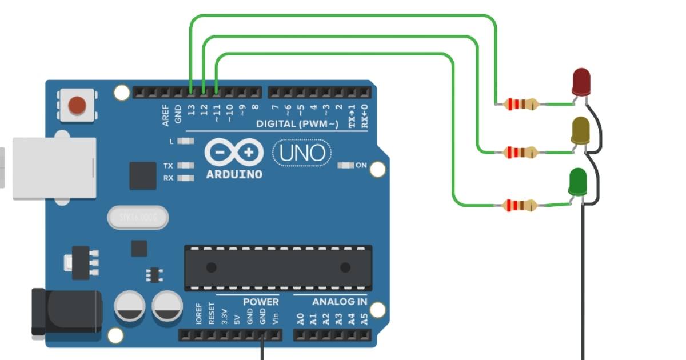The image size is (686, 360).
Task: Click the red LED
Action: click(581, 81)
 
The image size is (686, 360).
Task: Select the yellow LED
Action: click(580, 131)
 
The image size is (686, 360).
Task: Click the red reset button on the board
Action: click(77, 105)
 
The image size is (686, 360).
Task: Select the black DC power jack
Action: click(66, 311)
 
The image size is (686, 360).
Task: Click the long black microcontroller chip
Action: click(278, 267)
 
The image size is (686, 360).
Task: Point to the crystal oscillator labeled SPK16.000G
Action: click(138, 217)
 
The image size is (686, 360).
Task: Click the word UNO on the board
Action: click(302, 153)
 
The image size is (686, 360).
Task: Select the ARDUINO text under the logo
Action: click(234, 174)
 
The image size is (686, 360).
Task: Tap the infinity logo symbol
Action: click(234, 153)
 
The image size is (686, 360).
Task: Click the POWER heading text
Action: click(261, 302)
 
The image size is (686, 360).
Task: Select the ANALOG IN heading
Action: click(340, 302)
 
